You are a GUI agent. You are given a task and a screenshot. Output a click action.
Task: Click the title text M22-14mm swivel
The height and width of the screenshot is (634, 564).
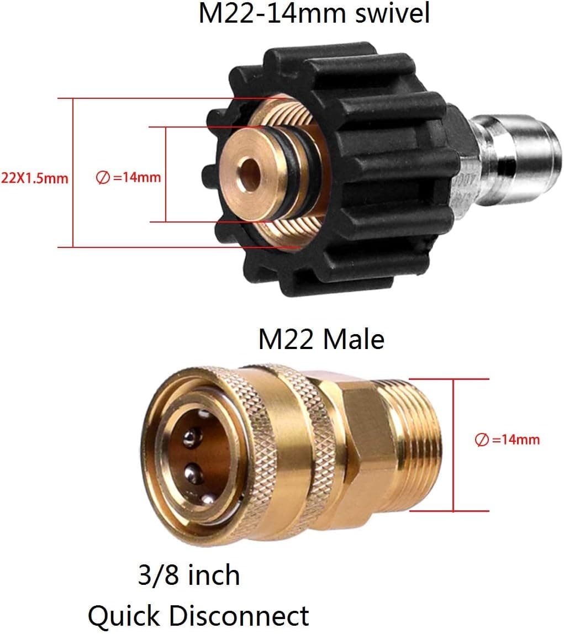click(313, 13)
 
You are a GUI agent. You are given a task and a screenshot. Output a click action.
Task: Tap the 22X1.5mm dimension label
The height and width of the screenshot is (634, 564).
click(34, 178)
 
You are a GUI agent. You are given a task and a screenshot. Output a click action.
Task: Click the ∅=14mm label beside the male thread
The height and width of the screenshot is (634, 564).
click(507, 440)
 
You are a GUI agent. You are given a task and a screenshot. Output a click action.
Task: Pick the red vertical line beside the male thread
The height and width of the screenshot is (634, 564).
click(453, 445)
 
